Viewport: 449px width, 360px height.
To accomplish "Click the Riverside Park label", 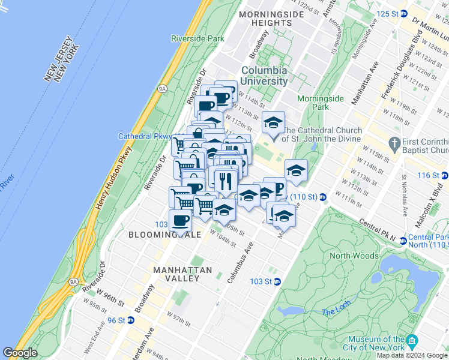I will pos(197,38).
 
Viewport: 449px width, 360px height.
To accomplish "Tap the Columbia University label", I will pos(264,76).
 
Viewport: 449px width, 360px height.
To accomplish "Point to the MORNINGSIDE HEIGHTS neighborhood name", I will pos(265,18).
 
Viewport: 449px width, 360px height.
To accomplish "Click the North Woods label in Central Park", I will pos(354,256).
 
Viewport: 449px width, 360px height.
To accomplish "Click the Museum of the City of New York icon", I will pos(412,341).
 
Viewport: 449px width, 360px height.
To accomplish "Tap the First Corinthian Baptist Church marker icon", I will pos(394,143).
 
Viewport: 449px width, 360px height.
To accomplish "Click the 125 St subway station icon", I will pos(405,13).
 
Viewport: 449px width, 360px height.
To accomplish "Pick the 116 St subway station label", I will pos(428,175).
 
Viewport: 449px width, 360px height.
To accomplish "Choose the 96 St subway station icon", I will pos(131,320).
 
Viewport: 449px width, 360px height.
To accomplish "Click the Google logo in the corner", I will pos(20,353).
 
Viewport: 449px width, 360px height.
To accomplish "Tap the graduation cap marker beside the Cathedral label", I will pos(273,124).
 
